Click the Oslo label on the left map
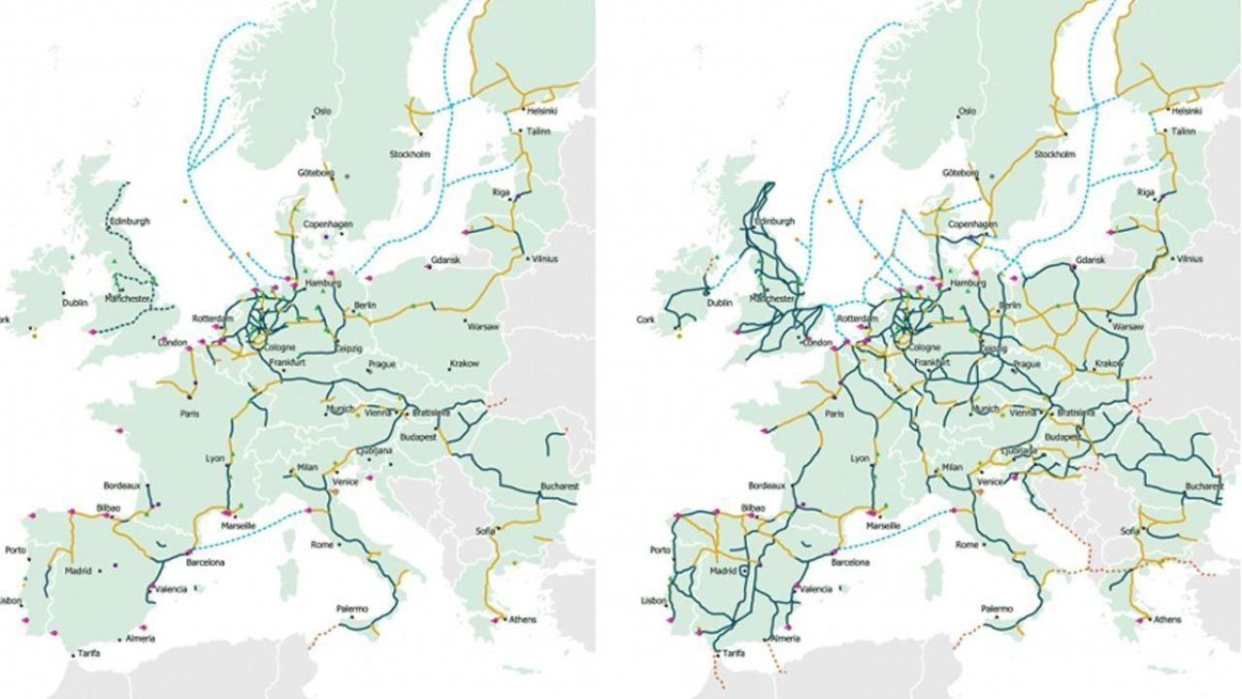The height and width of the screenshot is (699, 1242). tap(321, 111)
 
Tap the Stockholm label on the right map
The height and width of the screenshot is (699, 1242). tap(1055, 153)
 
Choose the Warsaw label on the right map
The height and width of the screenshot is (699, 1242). tap(1128, 327)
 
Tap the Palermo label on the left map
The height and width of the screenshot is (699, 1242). tap(352, 609)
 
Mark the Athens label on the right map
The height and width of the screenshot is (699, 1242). tap(1167, 619)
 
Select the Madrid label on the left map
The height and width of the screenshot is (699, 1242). tap(78, 571)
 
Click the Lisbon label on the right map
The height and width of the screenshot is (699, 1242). tap(653, 600)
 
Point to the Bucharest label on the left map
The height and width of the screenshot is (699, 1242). tap(561, 484)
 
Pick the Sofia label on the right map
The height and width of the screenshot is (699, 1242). tap(1129, 531)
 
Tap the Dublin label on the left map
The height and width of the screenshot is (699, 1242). tap(75, 302)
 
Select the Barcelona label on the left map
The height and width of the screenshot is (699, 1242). tap(206, 562)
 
